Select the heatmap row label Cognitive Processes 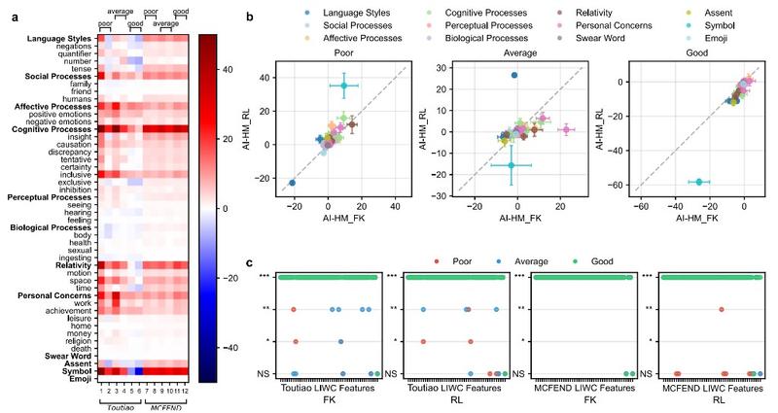click(53, 129)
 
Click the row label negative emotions click(61, 121)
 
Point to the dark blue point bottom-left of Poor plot click(293, 183)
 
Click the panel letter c click(251, 262)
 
